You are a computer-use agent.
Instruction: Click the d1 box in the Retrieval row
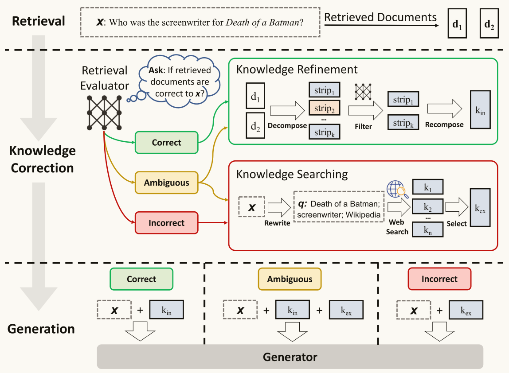pyautogui.click(x=457, y=23)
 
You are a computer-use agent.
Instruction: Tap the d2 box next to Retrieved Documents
pyautogui.click(x=489, y=23)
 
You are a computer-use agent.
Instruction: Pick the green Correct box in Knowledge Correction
pyautogui.click(x=166, y=143)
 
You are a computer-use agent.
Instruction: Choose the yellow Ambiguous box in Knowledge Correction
pyautogui.click(x=166, y=183)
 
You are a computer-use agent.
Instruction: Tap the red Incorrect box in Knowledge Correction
pyautogui.click(x=166, y=223)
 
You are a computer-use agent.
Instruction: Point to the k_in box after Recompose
pyautogui.click(x=480, y=110)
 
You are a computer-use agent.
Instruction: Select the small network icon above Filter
pyautogui.click(x=363, y=92)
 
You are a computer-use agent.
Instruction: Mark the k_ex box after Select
pyautogui.click(x=480, y=208)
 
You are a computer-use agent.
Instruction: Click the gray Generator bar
pyautogui.click(x=290, y=357)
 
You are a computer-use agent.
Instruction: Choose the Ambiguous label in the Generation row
pyautogui.click(x=290, y=279)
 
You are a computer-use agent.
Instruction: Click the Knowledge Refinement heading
pyautogui.click(x=297, y=70)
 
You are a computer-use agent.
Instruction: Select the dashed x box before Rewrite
pyautogui.click(x=252, y=207)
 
